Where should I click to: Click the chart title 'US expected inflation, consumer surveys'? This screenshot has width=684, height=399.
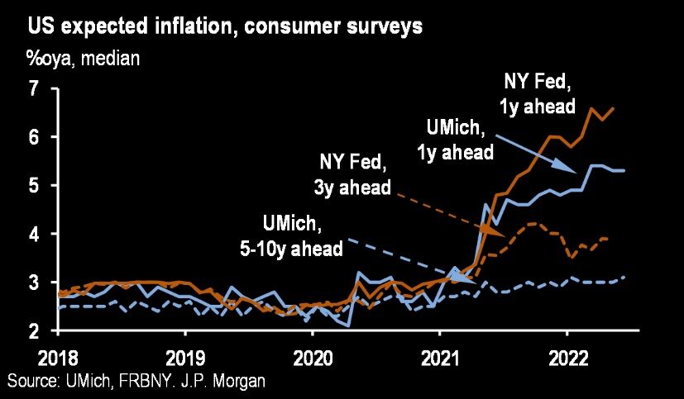coord(226,26)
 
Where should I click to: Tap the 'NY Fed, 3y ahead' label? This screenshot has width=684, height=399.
coord(352,173)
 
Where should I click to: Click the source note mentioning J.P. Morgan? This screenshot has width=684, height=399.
coord(137,381)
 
